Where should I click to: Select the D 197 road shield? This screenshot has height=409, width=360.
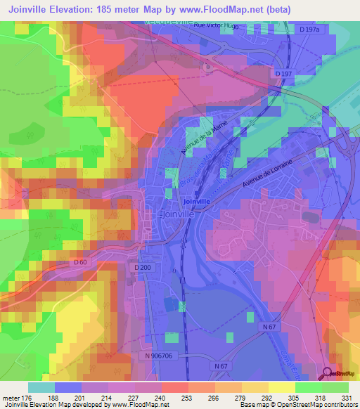click(x=283, y=73)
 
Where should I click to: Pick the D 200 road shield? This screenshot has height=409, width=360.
click(x=143, y=268)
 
